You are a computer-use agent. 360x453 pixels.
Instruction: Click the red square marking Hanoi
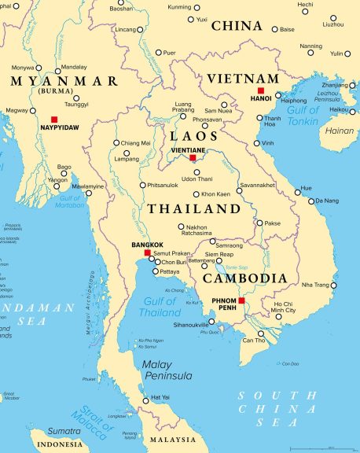click(261, 91)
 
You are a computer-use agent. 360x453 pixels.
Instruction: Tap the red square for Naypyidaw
click(54, 119)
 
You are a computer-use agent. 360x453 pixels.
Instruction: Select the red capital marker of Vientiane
click(193, 158)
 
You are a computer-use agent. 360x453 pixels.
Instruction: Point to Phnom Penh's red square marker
click(242, 300)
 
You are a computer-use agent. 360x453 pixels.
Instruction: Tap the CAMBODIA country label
click(244, 278)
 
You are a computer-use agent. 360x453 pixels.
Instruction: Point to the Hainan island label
click(339, 131)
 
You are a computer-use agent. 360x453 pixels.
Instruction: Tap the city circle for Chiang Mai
click(116, 143)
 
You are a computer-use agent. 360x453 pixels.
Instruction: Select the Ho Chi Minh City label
click(284, 307)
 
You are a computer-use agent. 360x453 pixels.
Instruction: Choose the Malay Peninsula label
click(167, 370)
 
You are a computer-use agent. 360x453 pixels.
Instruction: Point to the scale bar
click(320, 447)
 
